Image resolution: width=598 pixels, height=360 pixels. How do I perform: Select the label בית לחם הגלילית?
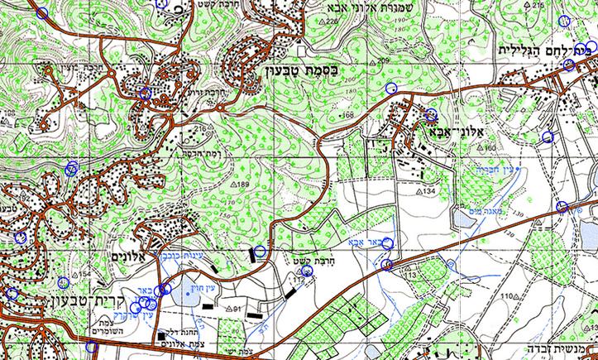click(547, 50)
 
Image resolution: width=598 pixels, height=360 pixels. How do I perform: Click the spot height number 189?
click(243, 184)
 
